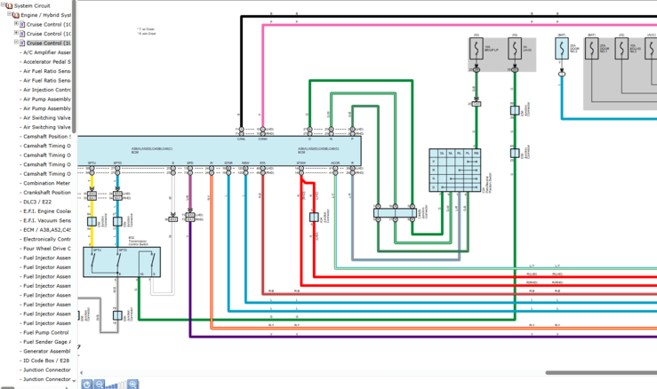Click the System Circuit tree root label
[x=37, y=5]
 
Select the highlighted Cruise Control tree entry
[x=49, y=43]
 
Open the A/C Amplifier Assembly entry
[x=46, y=52]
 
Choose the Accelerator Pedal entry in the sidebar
[x=46, y=61]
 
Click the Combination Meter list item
[x=46, y=183]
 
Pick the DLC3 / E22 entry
[x=40, y=202]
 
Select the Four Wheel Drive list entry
[x=46, y=249]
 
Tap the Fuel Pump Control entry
[x=46, y=332]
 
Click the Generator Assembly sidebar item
[x=46, y=351]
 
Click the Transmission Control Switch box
[x=122, y=262]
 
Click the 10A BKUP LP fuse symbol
[x=477, y=49]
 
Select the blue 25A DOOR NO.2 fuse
[x=562, y=49]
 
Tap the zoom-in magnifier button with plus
[x=132, y=384]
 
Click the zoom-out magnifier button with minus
[x=100, y=384]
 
